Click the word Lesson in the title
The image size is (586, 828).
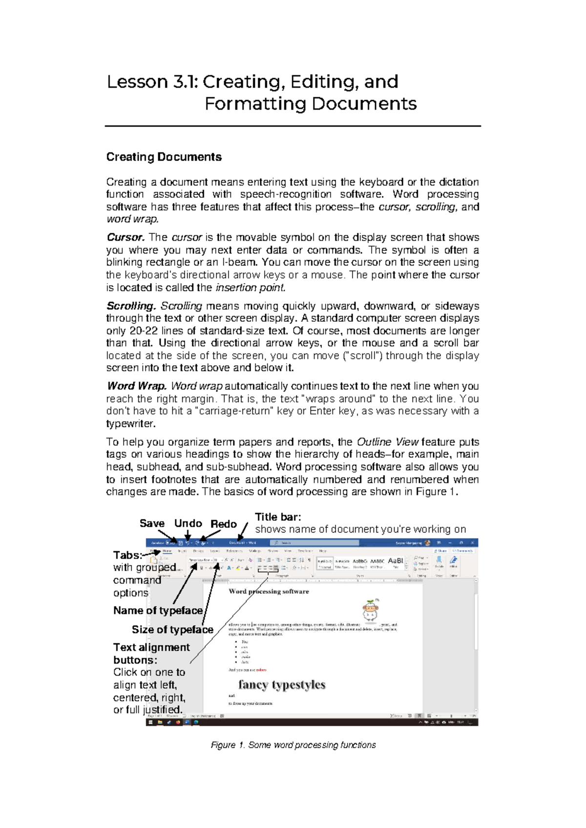tap(137, 82)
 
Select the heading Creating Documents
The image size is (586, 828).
tap(164, 157)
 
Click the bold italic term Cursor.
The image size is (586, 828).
tap(126, 238)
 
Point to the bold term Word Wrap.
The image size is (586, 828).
tap(137, 386)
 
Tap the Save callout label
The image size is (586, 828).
tap(152, 523)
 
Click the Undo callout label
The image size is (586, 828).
tap(188, 523)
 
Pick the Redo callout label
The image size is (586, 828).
tap(224, 524)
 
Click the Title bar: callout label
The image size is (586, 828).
tap(278, 517)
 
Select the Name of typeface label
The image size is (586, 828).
tap(158, 611)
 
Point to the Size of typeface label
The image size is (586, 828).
tap(172, 630)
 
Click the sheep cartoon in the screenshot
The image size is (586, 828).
tap(371, 611)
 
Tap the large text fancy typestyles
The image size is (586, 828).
tap(282, 685)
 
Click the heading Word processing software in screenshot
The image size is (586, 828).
tap(269, 592)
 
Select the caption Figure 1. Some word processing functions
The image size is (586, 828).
tap(293, 745)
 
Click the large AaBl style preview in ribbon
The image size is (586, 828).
tap(396, 561)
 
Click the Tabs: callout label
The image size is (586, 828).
tap(127, 555)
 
